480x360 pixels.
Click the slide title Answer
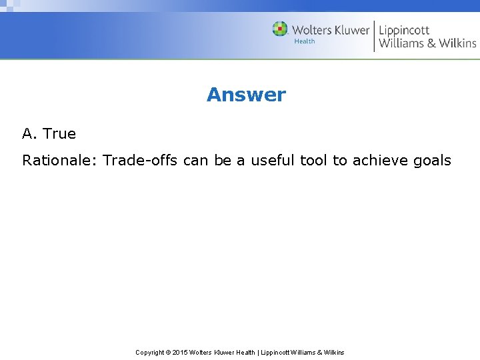click(x=246, y=95)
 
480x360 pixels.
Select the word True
click(x=59, y=133)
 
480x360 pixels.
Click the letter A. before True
click(x=29, y=133)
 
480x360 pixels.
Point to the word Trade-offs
click(x=140, y=161)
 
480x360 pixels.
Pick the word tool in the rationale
click(x=315, y=161)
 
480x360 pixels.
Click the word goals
click(x=433, y=161)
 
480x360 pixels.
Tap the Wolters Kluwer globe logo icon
click(x=280, y=29)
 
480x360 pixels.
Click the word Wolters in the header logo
click(x=313, y=30)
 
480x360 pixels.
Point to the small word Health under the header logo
click(x=305, y=41)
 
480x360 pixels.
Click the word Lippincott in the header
click(x=404, y=30)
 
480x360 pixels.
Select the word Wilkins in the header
click(x=457, y=43)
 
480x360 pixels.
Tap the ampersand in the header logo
click(x=428, y=43)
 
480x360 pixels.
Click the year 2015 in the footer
click(x=181, y=352)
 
